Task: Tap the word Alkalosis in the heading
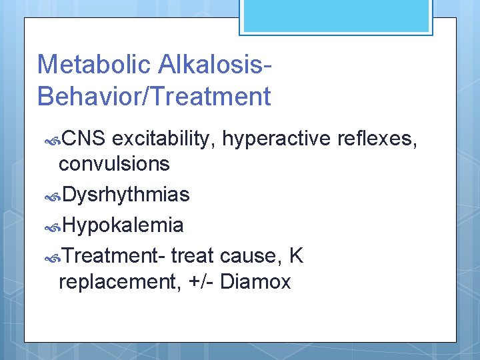pos(213,65)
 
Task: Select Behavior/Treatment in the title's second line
pos(154,97)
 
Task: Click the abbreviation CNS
pos(83,139)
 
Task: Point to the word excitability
pos(164,139)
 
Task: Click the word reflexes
pos(378,139)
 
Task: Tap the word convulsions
pos(114,163)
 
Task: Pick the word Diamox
pos(255,281)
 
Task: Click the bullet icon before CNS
pos(53,140)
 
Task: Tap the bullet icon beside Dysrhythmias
pos(53,196)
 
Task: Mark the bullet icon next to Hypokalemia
pos(53,227)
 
